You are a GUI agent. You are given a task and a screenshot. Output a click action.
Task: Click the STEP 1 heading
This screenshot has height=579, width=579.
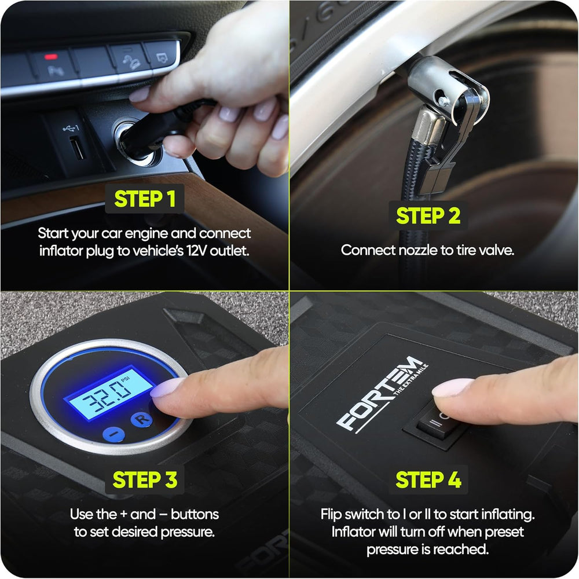(x=145, y=199)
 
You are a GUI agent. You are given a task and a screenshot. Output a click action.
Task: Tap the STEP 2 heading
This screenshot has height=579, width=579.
(x=428, y=216)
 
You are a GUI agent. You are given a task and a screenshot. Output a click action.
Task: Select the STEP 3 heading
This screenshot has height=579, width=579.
(x=145, y=479)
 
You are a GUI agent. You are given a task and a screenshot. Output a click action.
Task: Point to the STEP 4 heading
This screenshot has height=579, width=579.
(x=428, y=479)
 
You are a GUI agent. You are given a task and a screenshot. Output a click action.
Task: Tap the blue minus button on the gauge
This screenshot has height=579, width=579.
(x=113, y=434)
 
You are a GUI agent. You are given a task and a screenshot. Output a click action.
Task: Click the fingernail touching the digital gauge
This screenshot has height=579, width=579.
(x=167, y=388)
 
